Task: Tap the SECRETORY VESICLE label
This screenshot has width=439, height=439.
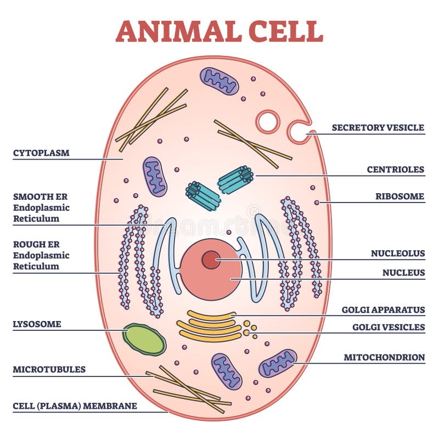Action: (378, 128)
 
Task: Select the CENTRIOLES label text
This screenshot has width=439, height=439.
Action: (395, 170)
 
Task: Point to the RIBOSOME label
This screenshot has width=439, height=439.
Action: (399, 196)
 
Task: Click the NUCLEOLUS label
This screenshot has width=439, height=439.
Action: (398, 254)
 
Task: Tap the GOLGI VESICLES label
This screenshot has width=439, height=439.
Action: (388, 328)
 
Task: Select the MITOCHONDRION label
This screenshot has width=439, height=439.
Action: (384, 357)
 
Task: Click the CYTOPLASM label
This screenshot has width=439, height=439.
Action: (41, 153)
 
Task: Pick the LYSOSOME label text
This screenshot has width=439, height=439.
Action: (37, 324)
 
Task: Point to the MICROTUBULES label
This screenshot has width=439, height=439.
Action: (49, 369)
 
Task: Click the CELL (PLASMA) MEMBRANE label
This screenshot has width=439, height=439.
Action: (75, 407)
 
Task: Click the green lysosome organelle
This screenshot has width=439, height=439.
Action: (144, 340)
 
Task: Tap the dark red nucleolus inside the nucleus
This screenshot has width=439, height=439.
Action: (211, 260)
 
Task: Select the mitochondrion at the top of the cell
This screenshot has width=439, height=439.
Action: (219, 81)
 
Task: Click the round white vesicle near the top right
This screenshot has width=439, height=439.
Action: (268, 121)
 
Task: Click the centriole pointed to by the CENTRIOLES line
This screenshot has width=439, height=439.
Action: (235, 179)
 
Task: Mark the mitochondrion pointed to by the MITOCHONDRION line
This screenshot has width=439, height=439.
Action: (278, 363)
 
